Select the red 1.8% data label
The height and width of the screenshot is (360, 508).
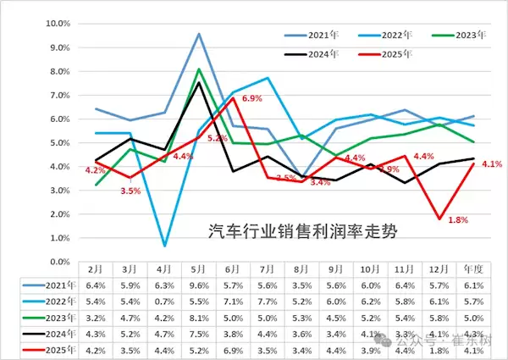pyautogui.click(x=458, y=220)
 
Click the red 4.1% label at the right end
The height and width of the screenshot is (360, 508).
pyautogui.click(x=493, y=164)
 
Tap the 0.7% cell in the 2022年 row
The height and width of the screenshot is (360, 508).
pyautogui.click(x=165, y=300)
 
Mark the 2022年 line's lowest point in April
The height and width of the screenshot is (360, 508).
pyautogui.click(x=164, y=246)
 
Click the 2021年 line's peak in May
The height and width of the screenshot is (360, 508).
pyautogui.click(x=199, y=34)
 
